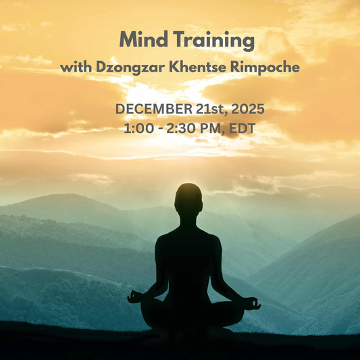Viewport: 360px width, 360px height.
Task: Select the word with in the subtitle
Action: pyautogui.click(x=76, y=68)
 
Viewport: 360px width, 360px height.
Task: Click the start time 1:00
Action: pyautogui.click(x=137, y=127)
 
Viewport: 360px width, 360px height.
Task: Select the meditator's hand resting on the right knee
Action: pyautogui.click(x=253, y=304)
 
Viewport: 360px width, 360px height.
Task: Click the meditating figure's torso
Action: pyautogui.click(x=188, y=257)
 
